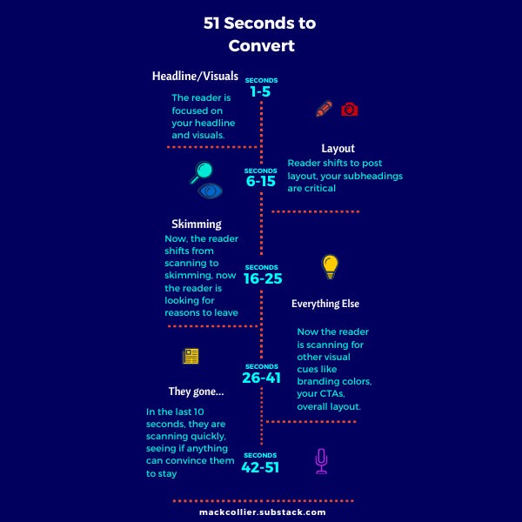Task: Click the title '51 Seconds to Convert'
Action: (x=260, y=35)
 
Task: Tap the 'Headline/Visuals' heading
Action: (x=195, y=77)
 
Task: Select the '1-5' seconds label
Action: (x=260, y=90)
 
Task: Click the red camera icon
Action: (x=350, y=110)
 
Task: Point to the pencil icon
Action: (x=324, y=110)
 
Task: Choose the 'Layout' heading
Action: (x=338, y=149)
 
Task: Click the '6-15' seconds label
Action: (x=260, y=181)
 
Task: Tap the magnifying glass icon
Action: (x=202, y=171)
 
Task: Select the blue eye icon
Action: (x=210, y=191)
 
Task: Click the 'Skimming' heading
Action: (x=196, y=224)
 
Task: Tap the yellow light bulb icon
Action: (x=330, y=266)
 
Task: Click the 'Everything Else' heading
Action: (x=325, y=304)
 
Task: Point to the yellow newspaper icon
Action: (x=191, y=356)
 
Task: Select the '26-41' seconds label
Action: (x=262, y=378)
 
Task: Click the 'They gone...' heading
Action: (x=196, y=391)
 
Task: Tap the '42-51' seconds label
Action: (x=262, y=466)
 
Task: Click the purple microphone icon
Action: (x=321, y=461)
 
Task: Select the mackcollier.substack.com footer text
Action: (x=262, y=513)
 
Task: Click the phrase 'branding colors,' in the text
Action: (x=335, y=381)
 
